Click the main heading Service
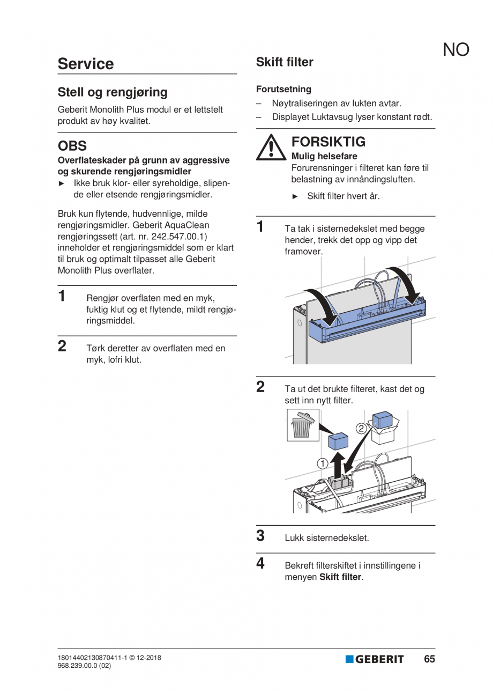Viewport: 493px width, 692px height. click(x=86, y=64)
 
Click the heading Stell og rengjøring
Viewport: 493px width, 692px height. click(x=113, y=92)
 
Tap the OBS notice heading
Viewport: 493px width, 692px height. click(x=72, y=146)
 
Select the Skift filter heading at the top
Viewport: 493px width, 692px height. click(x=285, y=62)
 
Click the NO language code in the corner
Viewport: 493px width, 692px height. click(x=456, y=50)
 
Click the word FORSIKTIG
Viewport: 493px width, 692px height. click(x=328, y=142)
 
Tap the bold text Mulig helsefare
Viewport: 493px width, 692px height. click(x=324, y=156)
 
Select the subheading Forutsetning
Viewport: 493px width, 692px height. click(x=283, y=90)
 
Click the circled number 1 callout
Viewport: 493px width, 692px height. click(x=322, y=463)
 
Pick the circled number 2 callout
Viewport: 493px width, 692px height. click(x=361, y=428)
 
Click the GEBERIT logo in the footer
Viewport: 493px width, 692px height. click(x=375, y=659)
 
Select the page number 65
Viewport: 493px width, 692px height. click(x=429, y=659)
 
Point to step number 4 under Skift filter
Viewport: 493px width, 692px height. click(x=260, y=563)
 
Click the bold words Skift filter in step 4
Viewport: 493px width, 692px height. click(x=340, y=577)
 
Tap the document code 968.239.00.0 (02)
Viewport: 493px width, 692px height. click(x=85, y=666)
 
